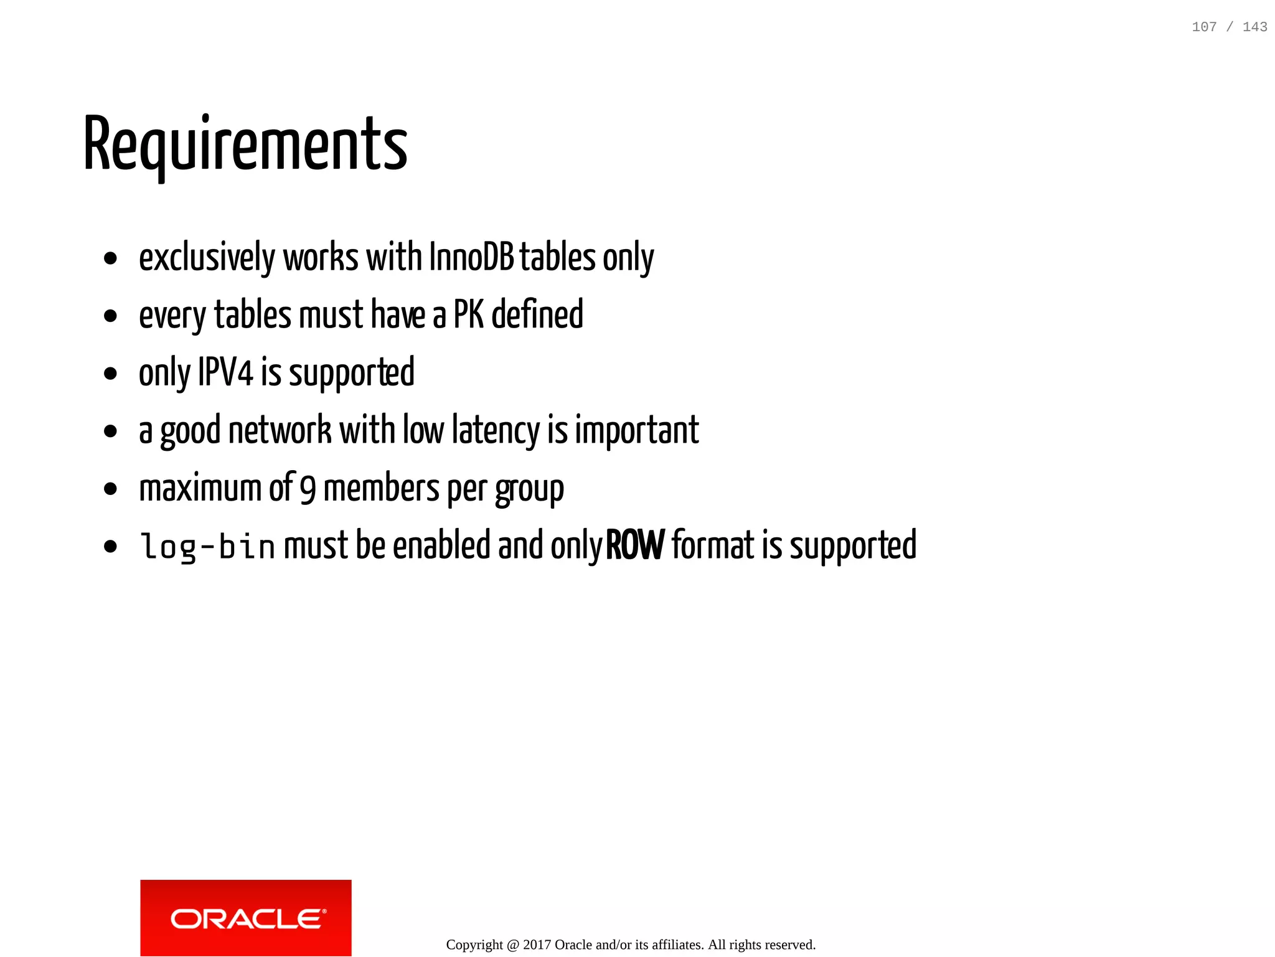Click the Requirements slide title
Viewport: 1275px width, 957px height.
[245, 144]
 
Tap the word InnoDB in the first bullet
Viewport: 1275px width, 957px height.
[471, 257]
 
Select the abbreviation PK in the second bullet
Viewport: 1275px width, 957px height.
[468, 314]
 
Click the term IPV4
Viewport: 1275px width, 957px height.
[225, 372]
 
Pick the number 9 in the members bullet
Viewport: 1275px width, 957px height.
[308, 489]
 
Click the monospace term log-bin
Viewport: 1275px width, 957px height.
[208, 547]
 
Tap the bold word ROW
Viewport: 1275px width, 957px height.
[635, 545]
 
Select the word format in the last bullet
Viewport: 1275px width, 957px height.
[713, 545]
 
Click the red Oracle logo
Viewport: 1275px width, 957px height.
[246, 918]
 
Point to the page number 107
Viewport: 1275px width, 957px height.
[1204, 27]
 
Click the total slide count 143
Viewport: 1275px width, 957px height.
[1254, 27]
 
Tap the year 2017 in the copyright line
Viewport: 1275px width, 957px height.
[537, 945]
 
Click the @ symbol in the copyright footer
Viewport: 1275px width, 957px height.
[513, 945]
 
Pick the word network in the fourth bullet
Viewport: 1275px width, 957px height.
[280, 430]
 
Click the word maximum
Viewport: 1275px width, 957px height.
[200, 488]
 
